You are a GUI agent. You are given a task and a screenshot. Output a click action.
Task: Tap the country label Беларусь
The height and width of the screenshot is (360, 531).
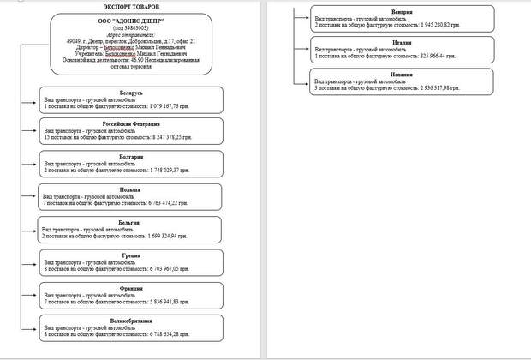point(131,92)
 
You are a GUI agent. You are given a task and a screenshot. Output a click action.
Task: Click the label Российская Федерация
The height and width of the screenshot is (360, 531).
point(131,123)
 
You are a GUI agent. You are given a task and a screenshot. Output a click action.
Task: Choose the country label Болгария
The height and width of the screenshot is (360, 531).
point(131,157)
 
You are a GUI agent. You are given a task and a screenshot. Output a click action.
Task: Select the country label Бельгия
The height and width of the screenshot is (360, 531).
point(131,221)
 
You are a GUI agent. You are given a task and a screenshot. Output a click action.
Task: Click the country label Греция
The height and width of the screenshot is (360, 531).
point(131,254)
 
